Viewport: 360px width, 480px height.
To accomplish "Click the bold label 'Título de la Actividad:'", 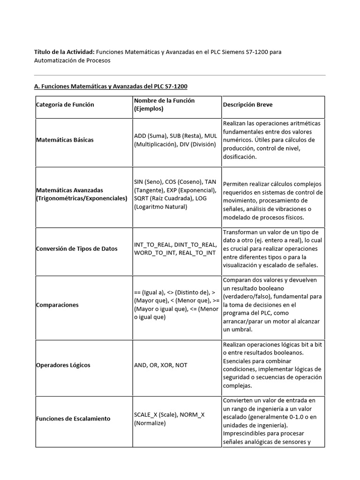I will tap(65, 52).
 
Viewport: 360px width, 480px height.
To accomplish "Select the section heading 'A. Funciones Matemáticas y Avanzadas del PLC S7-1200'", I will tap(111, 86).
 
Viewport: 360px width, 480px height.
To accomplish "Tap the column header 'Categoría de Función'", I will tap(65, 105).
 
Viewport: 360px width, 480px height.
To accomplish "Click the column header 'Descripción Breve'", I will tap(248, 105).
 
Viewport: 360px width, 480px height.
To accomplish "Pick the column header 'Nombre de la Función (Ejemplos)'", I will tap(164, 105).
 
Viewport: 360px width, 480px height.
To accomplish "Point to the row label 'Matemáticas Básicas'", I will tap(65, 140).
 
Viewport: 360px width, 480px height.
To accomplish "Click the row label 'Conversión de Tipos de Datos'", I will tap(77, 248).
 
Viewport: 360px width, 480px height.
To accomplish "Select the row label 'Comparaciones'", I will tap(57, 305).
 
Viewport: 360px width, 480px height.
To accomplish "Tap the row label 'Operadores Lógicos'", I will tap(63, 365).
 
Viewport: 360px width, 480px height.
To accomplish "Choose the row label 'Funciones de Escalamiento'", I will tap(73, 418).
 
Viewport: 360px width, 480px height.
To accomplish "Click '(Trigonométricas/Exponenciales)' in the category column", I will tap(82, 198).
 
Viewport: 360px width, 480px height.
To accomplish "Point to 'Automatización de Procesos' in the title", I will tap(72, 60).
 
